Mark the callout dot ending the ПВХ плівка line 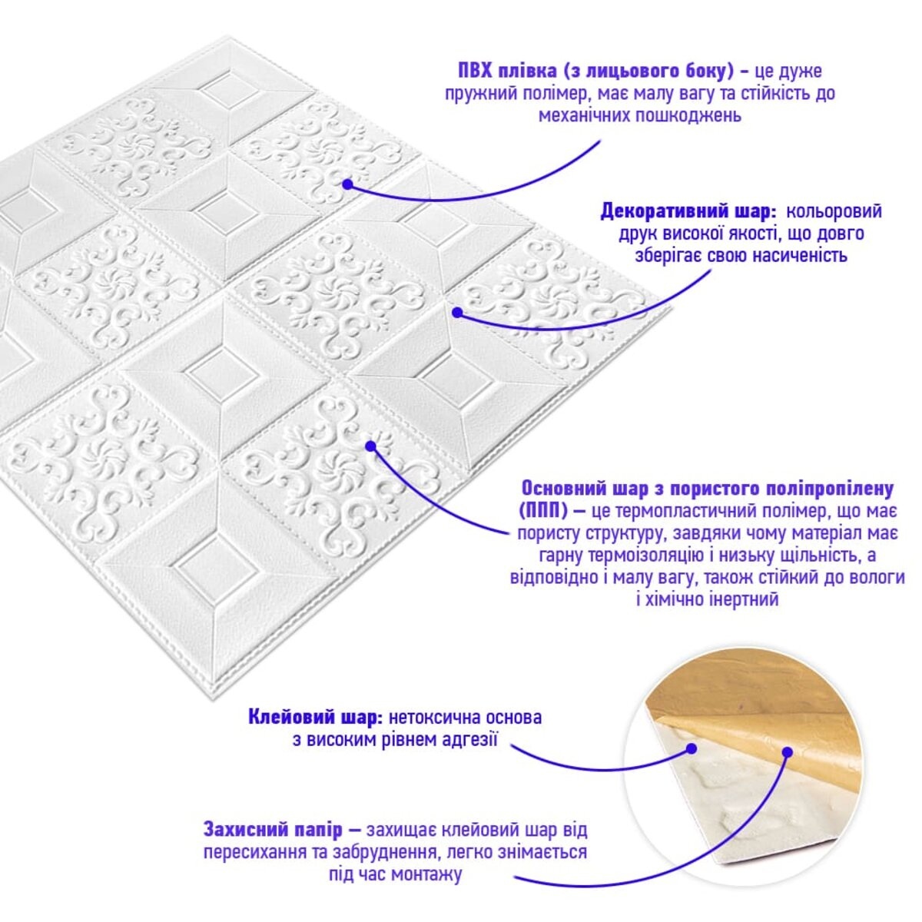click(x=348, y=184)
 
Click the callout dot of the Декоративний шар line click(x=457, y=313)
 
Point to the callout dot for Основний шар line click(x=370, y=446)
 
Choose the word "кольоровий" click(x=834, y=211)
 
